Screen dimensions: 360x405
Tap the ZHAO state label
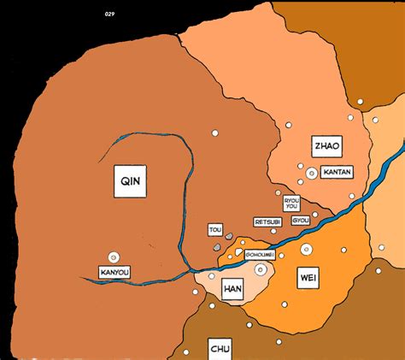click(x=326, y=145)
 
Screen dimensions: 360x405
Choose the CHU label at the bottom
click(x=220, y=349)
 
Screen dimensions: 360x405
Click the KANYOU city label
click(x=114, y=274)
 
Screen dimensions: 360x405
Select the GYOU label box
click(x=301, y=220)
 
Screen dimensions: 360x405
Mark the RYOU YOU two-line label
click(x=291, y=203)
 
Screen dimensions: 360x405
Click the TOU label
click(x=214, y=229)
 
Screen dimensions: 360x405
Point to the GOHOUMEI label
click(x=261, y=253)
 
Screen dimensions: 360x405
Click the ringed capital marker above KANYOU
click(x=113, y=257)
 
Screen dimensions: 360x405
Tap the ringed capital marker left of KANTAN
click(x=311, y=174)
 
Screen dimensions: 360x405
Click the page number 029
click(x=109, y=15)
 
